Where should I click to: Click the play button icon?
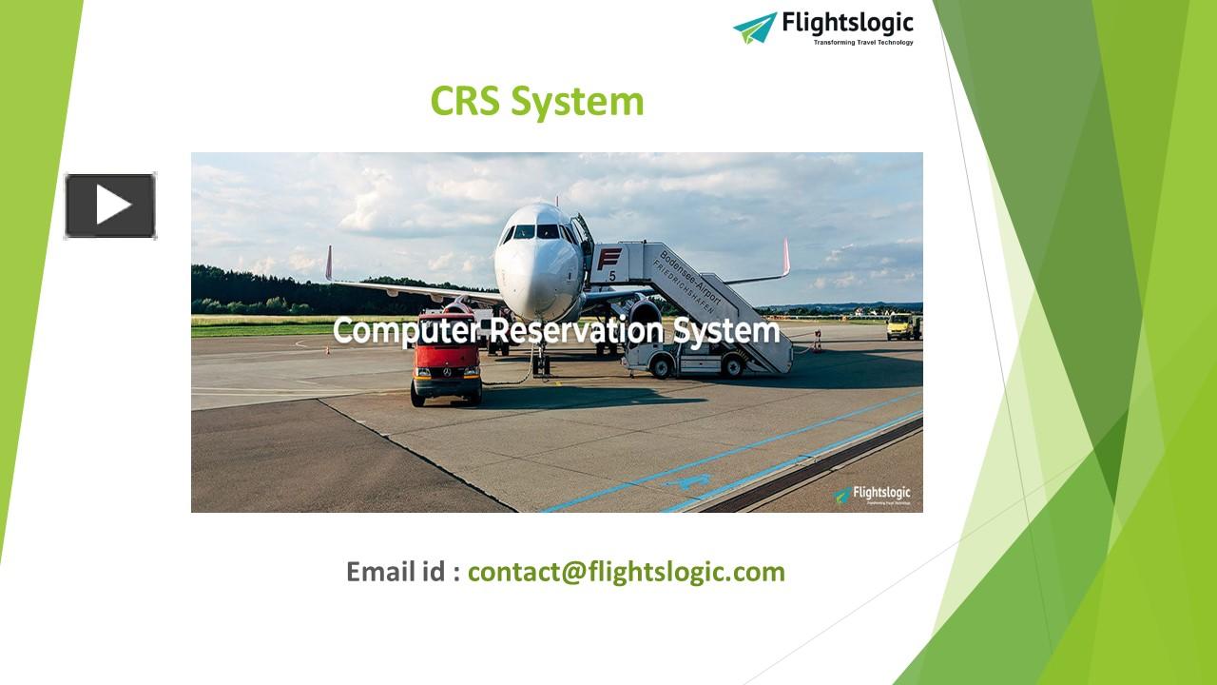click(110, 205)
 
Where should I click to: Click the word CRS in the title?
click(465, 101)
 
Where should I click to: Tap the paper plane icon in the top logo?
click(755, 28)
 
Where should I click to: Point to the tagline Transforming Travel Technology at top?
click(863, 43)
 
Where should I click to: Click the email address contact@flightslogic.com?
click(626, 572)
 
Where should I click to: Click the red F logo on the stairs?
click(608, 259)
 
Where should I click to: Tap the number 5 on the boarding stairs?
click(612, 277)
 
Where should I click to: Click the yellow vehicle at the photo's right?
click(902, 326)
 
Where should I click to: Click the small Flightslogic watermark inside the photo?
click(873, 495)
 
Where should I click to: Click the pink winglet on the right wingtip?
click(786, 257)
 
